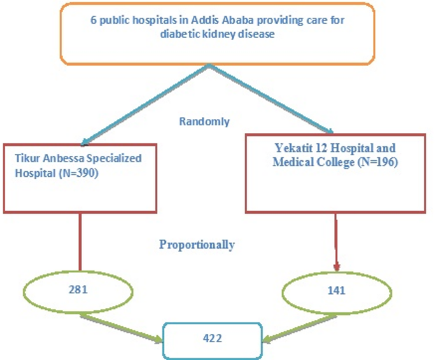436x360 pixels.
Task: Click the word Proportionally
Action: [x=197, y=244]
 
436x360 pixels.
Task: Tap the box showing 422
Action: [x=213, y=338]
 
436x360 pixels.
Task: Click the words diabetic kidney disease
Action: [x=217, y=34]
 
